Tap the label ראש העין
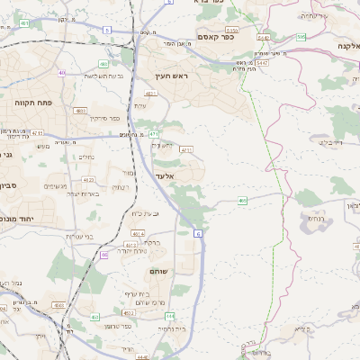click(x=169, y=76)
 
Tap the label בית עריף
click(x=141, y=294)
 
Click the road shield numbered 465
click(x=243, y=200)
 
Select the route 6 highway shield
click(x=198, y=232)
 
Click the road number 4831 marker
click(x=81, y=111)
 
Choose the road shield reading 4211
click(x=186, y=149)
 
